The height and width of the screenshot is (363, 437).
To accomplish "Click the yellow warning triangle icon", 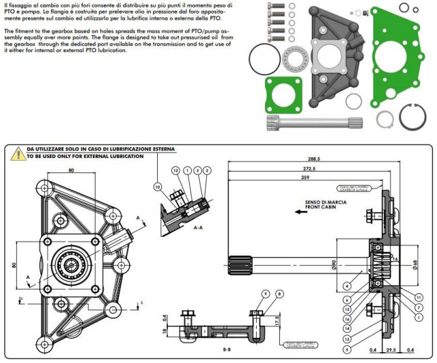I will coord(15,152).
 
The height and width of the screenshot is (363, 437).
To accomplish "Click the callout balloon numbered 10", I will coord(158,186).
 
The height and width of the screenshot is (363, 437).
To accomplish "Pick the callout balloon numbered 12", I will coord(175,170).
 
